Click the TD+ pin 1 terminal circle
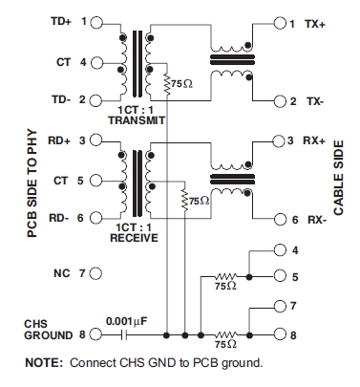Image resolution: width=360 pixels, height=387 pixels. (x=95, y=20)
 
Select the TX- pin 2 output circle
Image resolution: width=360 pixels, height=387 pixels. (x=279, y=100)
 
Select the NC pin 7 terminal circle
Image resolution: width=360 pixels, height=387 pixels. (x=95, y=273)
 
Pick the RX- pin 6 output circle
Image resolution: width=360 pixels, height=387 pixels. (x=279, y=220)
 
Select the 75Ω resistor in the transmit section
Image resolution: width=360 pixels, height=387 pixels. (x=167, y=84)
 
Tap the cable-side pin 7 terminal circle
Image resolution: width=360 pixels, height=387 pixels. (x=279, y=307)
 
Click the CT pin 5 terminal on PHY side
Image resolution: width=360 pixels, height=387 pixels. (x=95, y=180)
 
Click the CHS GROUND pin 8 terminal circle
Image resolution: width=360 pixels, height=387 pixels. (x=95, y=334)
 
